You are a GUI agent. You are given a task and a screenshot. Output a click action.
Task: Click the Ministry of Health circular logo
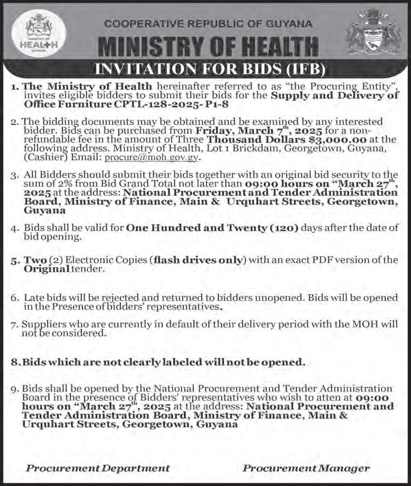point(39,33)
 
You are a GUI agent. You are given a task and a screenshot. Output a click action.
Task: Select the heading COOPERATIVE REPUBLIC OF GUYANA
point(208,24)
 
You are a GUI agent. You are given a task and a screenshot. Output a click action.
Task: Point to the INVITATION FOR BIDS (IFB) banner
point(208,69)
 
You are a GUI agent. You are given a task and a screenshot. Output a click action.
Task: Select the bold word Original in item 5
point(47,268)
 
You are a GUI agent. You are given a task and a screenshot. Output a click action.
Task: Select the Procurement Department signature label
point(98,468)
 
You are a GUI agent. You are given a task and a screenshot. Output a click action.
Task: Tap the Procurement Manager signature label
point(306,468)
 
